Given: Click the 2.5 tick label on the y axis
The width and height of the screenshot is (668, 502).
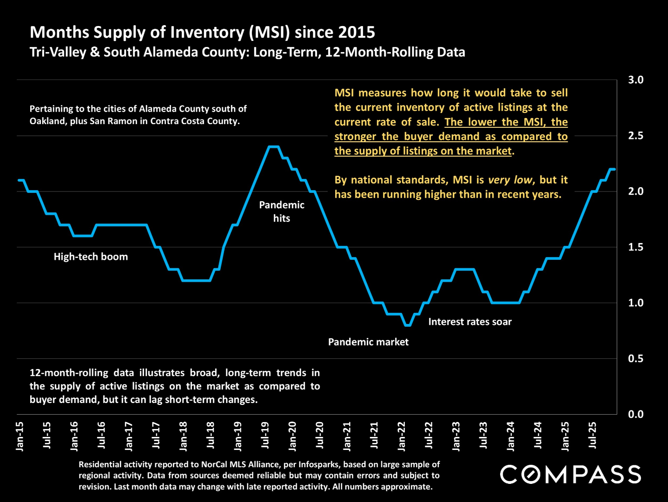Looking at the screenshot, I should [635, 136].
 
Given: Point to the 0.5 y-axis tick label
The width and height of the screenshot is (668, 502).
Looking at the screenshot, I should [635, 358].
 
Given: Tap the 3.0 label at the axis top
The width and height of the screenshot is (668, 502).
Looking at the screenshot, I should [635, 80].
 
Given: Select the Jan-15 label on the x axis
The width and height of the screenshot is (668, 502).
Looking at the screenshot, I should [20, 436].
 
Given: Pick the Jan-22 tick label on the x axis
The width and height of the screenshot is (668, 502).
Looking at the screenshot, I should [402, 436].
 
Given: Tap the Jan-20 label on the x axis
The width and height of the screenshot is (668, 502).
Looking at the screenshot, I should [292, 436].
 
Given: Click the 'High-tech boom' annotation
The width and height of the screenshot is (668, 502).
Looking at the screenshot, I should [91, 257].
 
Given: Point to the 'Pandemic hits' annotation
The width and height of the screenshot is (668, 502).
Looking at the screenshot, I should [282, 211].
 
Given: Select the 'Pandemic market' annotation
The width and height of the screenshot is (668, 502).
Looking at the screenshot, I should [368, 342].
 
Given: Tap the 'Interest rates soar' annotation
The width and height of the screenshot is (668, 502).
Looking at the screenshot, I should [470, 322].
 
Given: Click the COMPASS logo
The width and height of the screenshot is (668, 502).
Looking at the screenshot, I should [570, 474].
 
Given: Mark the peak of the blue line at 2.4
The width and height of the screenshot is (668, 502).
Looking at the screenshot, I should [273, 147].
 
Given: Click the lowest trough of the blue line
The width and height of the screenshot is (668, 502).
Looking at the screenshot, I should [408, 325].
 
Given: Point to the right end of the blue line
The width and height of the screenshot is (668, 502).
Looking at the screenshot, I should [615, 169].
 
